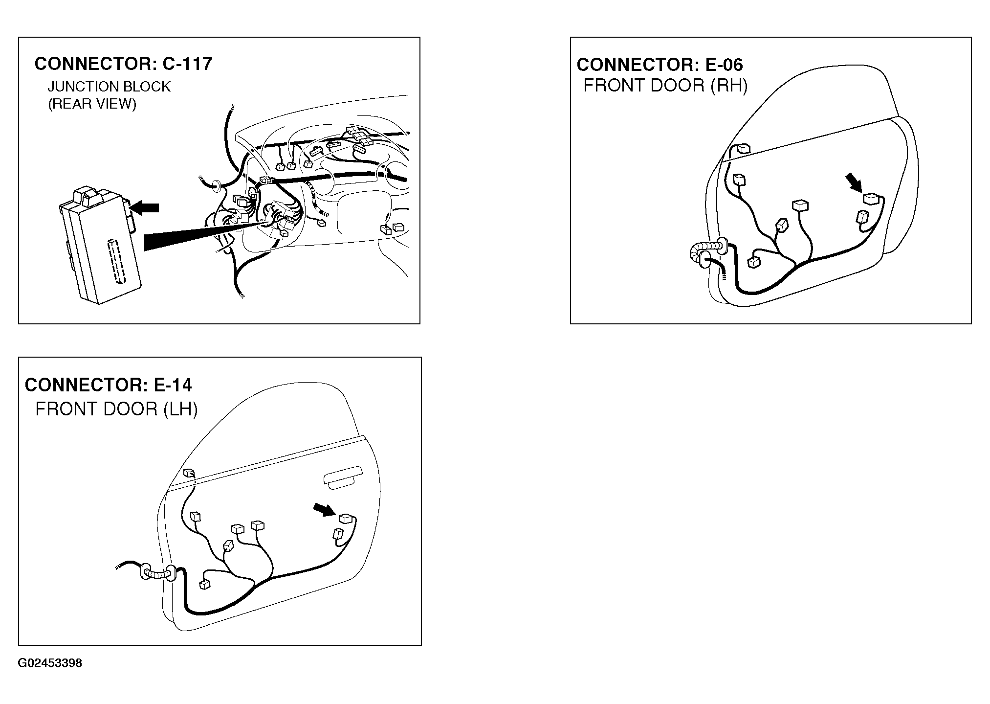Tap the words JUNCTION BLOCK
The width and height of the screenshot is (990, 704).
(x=109, y=87)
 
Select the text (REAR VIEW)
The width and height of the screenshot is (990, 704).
(x=92, y=104)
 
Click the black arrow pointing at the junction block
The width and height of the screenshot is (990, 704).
(x=145, y=208)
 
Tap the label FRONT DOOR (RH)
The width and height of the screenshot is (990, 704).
(x=665, y=86)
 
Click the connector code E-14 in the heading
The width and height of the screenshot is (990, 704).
(x=173, y=385)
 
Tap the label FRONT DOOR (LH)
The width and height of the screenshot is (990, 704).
(x=116, y=409)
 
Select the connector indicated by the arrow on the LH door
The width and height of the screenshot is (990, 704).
(x=346, y=519)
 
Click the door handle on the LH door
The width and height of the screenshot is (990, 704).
(x=342, y=480)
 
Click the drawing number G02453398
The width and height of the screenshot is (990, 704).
(x=50, y=664)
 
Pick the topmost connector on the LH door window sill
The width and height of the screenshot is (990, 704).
(x=189, y=473)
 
